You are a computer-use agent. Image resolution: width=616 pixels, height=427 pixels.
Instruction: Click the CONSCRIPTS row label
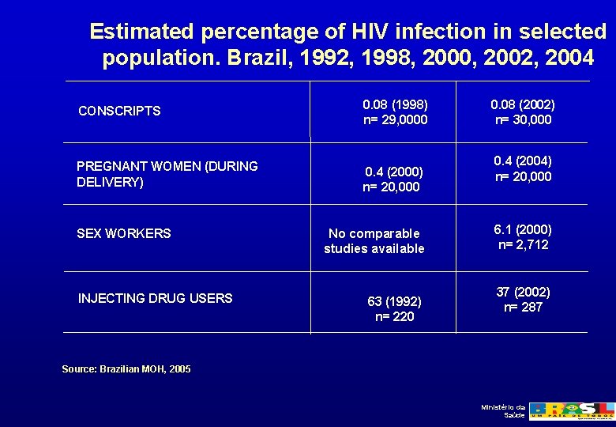(119, 111)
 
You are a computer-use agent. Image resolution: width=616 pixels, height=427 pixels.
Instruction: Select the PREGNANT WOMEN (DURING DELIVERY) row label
(167, 174)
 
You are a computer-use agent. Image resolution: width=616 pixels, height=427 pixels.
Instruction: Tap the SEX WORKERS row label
(123, 233)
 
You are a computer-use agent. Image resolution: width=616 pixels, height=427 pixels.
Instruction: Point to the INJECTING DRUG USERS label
(155, 298)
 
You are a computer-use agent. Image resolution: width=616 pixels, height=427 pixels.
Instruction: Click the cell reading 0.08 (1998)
(395, 104)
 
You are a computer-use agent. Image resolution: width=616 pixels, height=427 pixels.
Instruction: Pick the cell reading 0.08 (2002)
(522, 104)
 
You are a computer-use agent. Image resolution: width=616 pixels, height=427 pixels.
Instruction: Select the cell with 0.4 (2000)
(393, 172)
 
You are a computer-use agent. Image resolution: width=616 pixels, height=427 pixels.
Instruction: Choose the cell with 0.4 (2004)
(522, 161)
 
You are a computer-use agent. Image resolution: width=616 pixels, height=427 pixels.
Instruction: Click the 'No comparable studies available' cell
(374, 241)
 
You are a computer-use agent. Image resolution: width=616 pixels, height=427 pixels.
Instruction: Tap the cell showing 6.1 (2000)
(522, 229)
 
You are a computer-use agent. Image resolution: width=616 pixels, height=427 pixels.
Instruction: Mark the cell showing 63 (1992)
(394, 301)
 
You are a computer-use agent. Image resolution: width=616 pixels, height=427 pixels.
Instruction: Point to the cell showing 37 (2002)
(522, 292)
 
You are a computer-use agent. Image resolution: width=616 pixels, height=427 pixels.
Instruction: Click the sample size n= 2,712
(522, 245)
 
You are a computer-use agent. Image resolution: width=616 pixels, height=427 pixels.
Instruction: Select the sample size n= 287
(522, 307)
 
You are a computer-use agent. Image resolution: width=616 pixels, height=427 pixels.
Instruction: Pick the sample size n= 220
(394, 317)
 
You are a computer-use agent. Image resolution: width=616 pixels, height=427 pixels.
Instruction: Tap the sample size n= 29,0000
(395, 120)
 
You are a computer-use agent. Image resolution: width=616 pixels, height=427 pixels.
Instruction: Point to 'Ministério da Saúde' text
(503, 411)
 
